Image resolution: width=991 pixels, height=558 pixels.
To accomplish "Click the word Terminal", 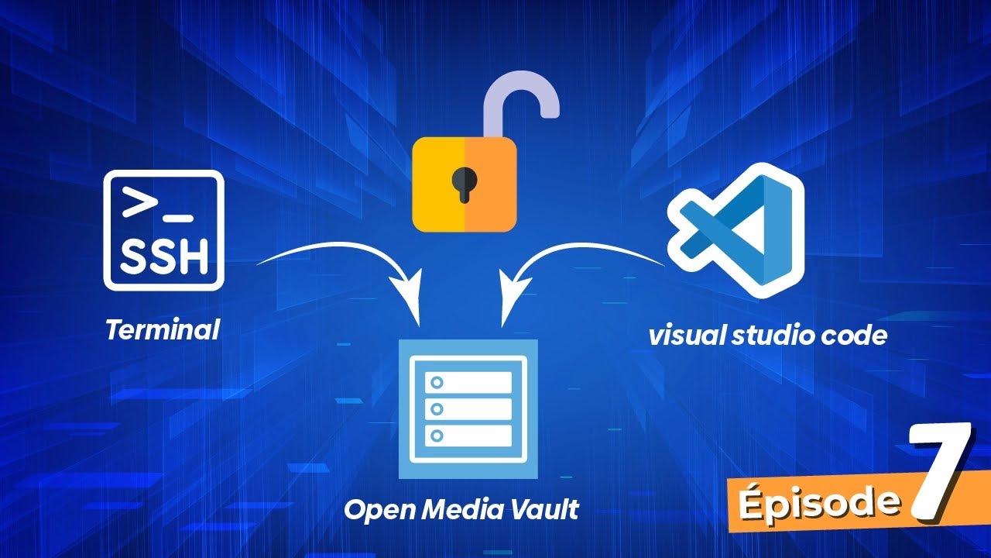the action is pos(163,330).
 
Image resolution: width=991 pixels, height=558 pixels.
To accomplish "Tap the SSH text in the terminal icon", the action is pos(164,256).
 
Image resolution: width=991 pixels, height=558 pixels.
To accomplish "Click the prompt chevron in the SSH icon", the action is pos(139,202).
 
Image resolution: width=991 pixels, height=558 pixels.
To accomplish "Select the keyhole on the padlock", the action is pos(464,184).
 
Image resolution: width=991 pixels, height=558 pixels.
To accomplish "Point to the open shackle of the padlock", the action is pos(521,102).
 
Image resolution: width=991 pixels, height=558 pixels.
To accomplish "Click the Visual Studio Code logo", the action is pos(736,230).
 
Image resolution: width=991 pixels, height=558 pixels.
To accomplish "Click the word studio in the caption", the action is pos(773,336).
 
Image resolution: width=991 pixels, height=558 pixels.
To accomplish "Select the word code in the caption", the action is pos(853,336).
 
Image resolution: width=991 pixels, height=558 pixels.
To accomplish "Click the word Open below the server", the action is pos(379,511).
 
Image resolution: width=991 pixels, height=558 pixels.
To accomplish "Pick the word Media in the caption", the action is pos(462,509).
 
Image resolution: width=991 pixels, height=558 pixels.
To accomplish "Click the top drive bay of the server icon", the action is pos(468,382).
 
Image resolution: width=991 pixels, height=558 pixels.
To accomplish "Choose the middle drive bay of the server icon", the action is pos(468,408).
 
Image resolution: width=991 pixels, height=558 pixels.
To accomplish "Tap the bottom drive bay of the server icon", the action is pos(468,436).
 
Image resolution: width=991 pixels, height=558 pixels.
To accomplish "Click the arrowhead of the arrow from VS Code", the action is pos(512,297).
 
